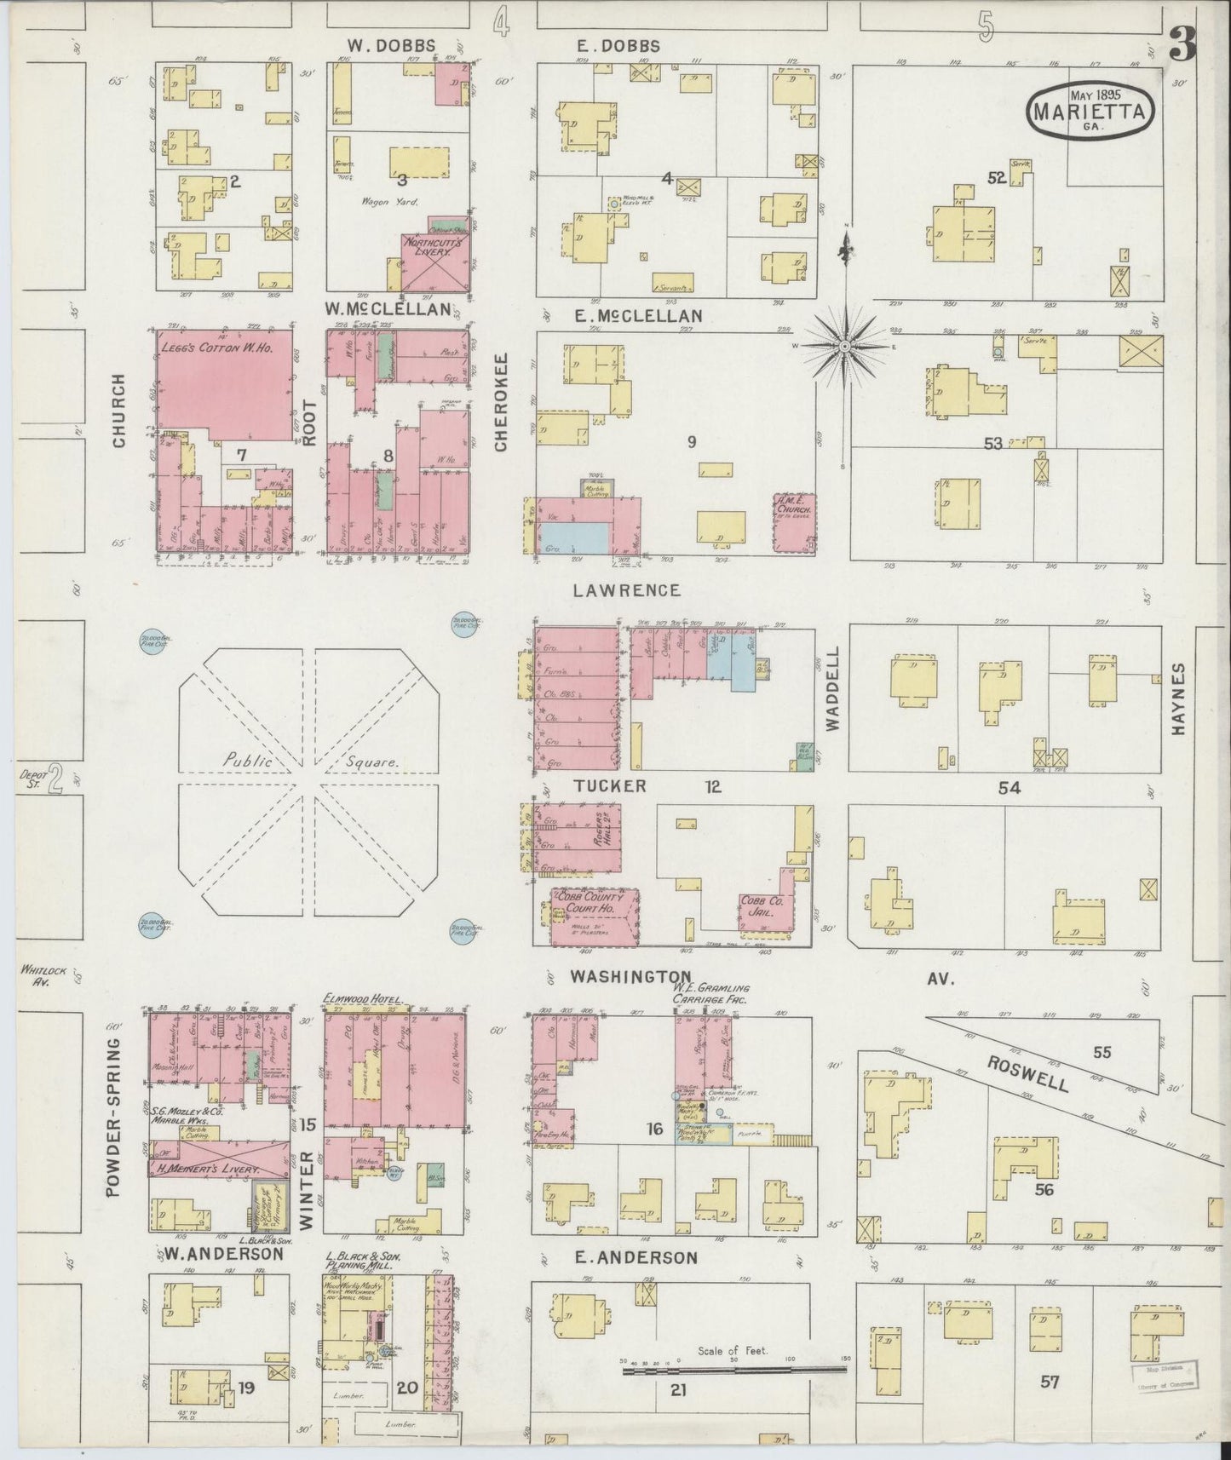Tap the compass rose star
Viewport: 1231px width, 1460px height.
pyautogui.click(x=844, y=347)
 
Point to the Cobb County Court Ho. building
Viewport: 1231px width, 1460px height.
pyautogui.click(x=590, y=917)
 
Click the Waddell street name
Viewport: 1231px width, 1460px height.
pyautogui.click(x=832, y=699)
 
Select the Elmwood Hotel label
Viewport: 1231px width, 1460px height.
pyautogui.click(x=362, y=998)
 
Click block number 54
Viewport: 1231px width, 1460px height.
pyautogui.click(x=1009, y=788)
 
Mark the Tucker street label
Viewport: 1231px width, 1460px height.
pyautogui.click(x=609, y=785)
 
